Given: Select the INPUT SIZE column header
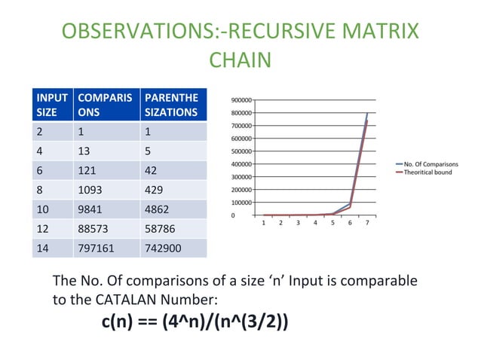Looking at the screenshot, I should pos(51,105).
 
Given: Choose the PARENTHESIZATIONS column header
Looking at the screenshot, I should pos(170,105).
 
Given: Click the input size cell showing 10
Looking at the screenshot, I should pos(44,209).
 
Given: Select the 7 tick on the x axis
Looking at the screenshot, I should pos(367,223).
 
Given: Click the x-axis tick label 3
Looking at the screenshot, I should pos(298,223).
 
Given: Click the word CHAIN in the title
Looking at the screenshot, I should pos(240,60).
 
